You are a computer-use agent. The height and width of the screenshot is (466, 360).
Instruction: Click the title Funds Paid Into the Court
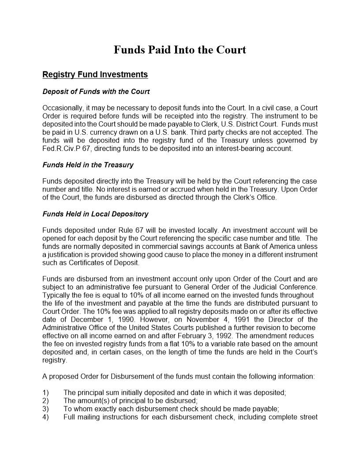(180, 50)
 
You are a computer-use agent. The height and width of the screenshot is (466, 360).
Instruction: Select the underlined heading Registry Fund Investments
(95, 75)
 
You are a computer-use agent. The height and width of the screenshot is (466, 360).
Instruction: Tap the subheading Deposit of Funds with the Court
(96, 92)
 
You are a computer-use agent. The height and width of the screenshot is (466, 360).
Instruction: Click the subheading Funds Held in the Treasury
(88, 165)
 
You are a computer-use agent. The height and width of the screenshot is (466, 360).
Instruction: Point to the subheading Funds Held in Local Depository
(95, 214)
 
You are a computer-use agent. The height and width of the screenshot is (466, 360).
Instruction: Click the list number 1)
(46, 393)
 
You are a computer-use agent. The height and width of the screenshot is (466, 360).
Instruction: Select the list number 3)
(46, 409)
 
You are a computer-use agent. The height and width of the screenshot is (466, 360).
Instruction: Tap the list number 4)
(46, 417)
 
